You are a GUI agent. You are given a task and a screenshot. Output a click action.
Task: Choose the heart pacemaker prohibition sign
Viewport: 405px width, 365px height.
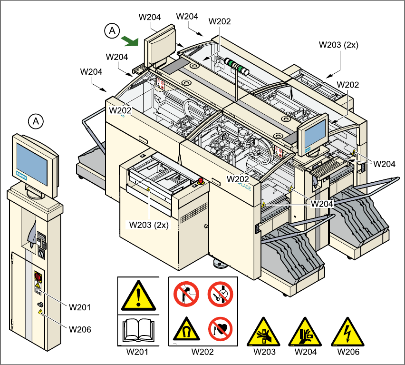click(x=219, y=327)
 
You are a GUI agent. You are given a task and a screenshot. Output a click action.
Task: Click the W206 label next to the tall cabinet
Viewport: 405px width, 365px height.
click(x=80, y=329)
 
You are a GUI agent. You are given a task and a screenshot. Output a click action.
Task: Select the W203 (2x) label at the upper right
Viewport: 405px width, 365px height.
click(x=339, y=45)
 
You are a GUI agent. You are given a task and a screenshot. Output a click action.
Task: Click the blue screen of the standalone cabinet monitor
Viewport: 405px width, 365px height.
click(x=32, y=165)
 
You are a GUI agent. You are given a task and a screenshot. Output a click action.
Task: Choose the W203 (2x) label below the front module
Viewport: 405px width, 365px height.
click(x=149, y=224)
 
